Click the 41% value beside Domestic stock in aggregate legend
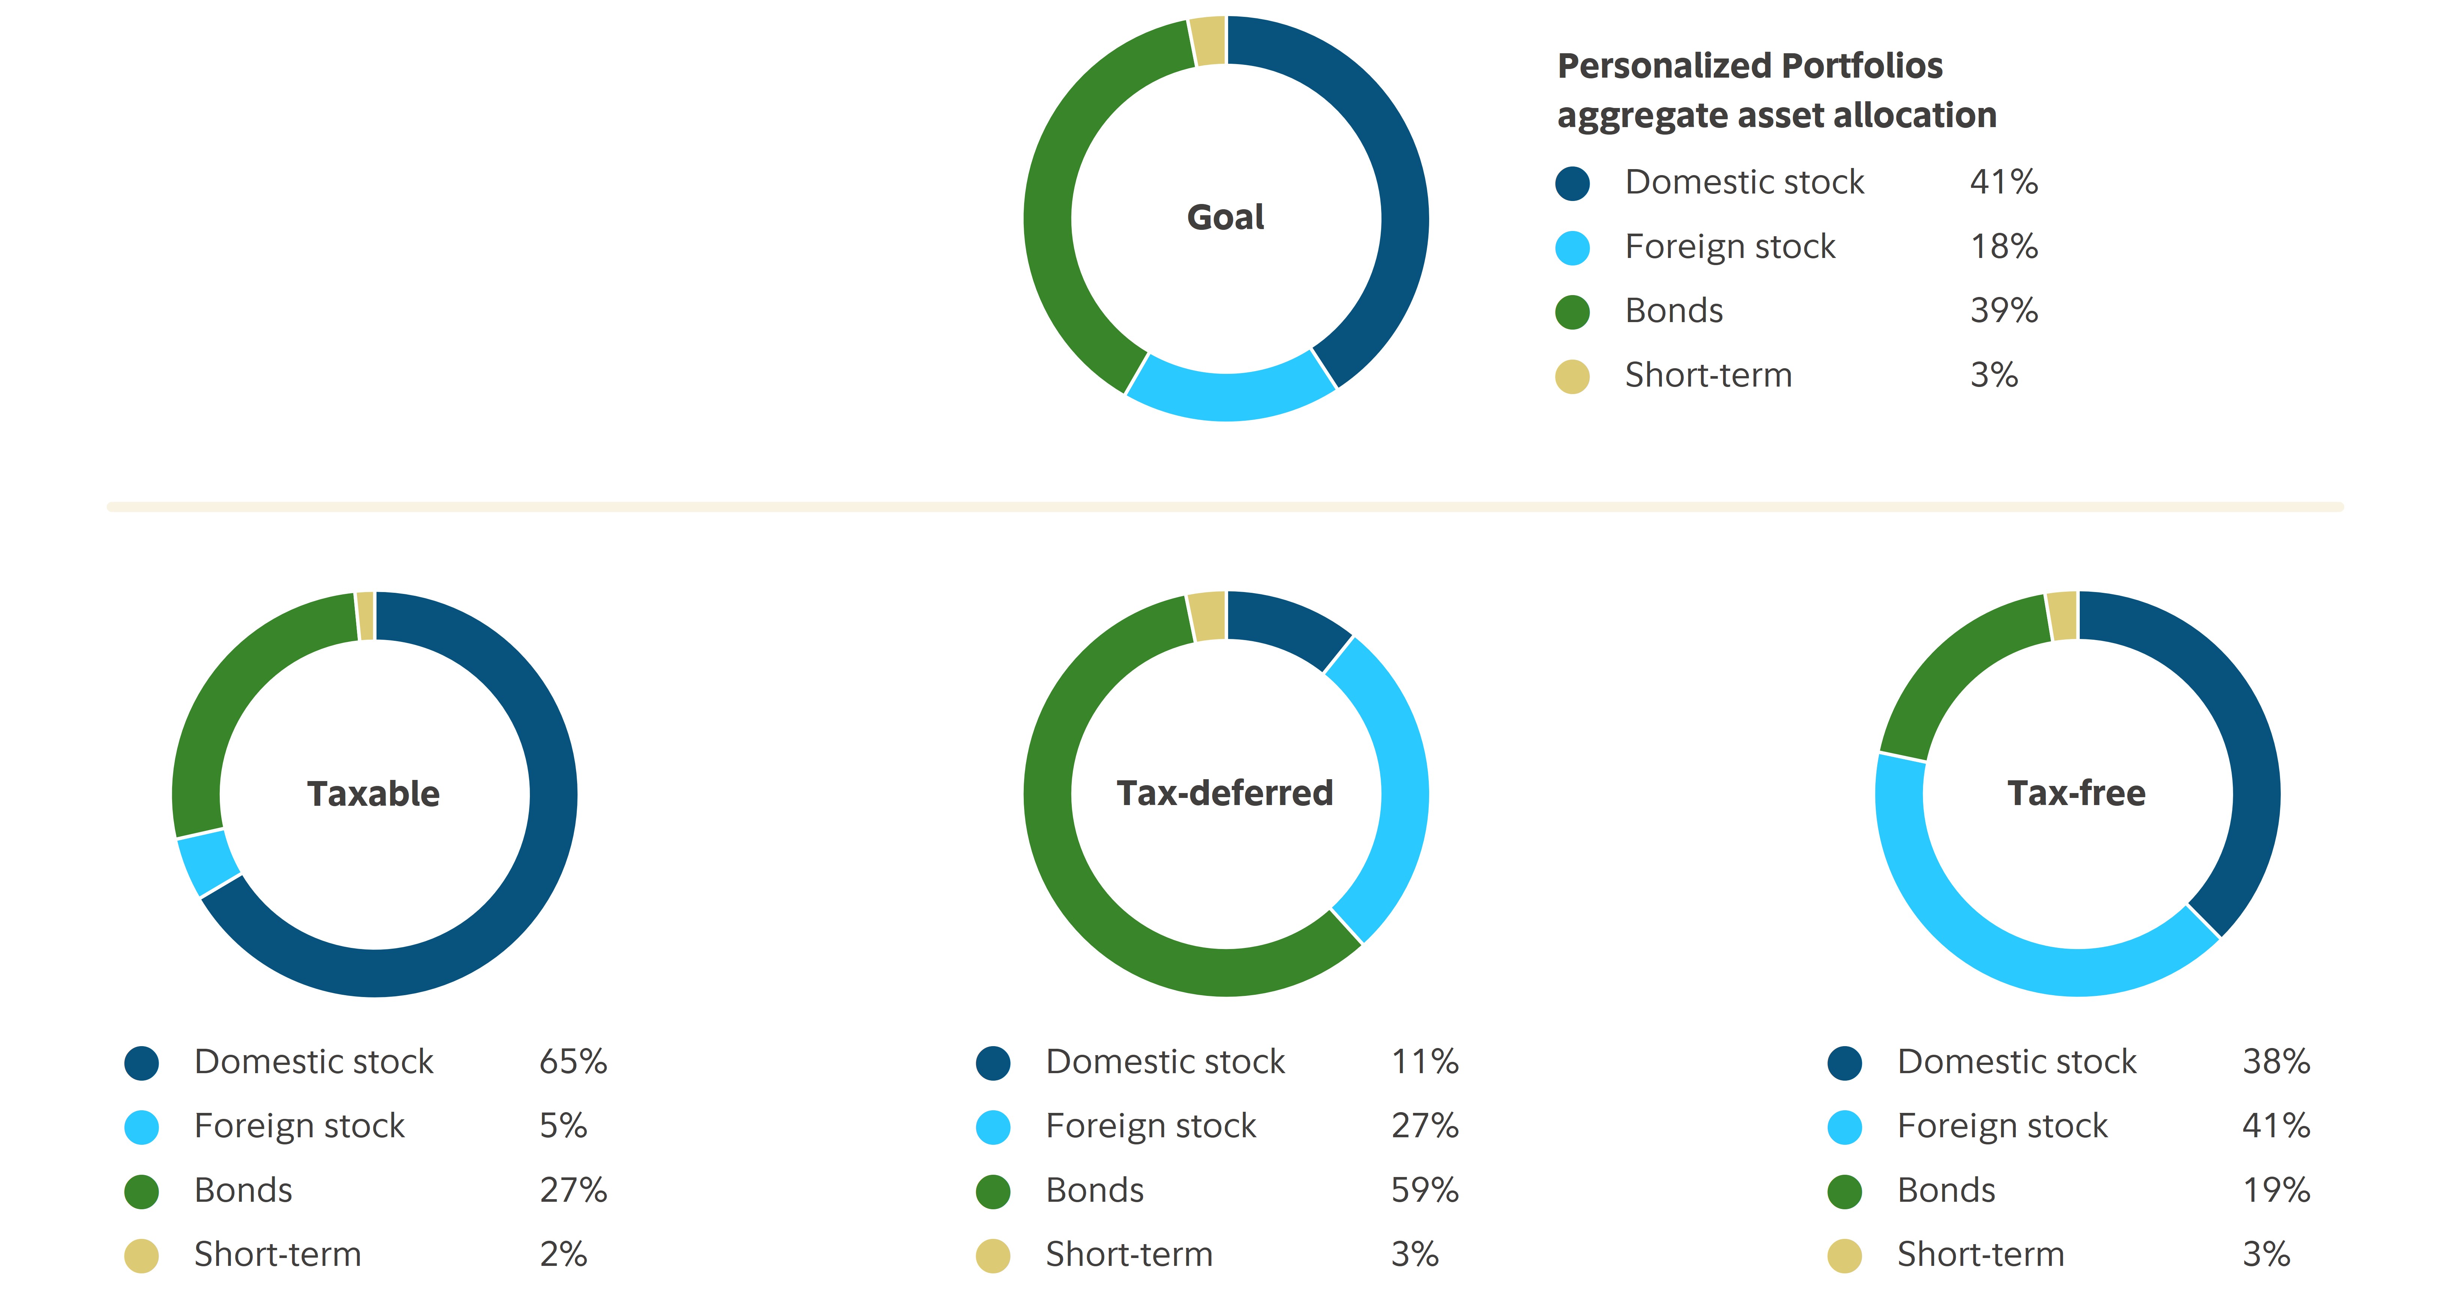point(2004,182)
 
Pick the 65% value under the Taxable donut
point(573,1061)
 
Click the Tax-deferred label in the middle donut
point(1224,793)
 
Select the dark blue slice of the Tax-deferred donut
point(1286,623)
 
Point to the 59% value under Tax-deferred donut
point(1424,1189)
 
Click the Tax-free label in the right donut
point(2076,793)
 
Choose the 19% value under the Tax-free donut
point(2276,1189)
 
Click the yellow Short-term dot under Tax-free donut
point(1844,1255)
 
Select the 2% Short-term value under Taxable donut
point(563,1254)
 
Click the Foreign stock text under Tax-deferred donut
point(1150,1126)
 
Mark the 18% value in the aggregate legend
point(2004,246)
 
